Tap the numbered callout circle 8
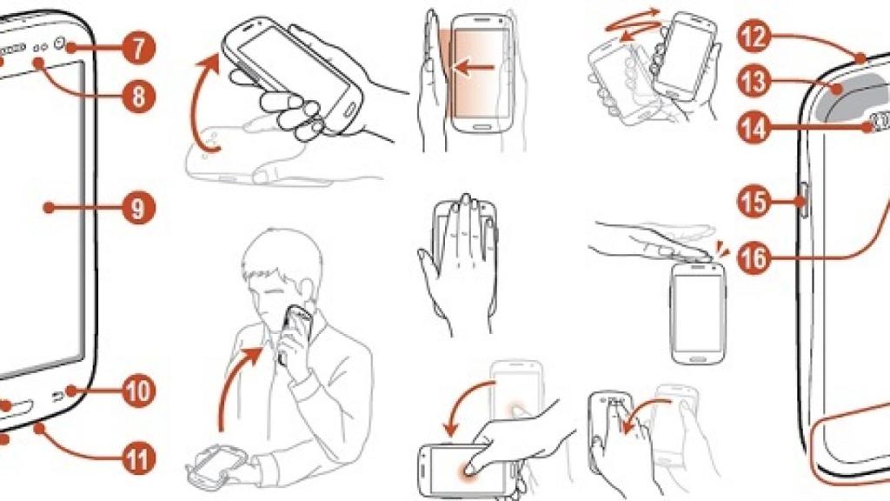point(138,96)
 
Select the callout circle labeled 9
point(138,209)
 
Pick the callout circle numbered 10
point(138,391)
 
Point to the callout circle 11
point(138,458)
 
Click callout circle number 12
point(754,37)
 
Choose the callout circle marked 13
point(754,82)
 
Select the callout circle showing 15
point(754,201)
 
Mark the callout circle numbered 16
point(754,259)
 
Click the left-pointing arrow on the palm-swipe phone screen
point(475,69)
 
